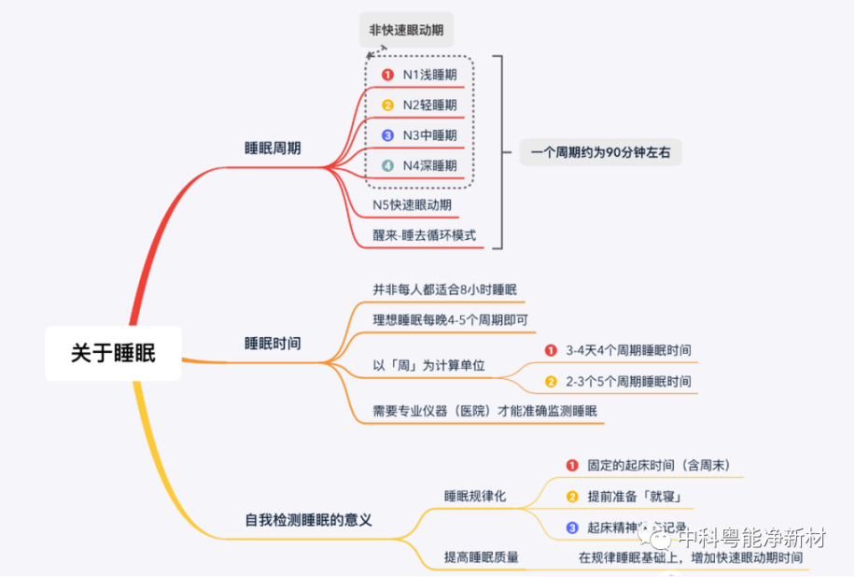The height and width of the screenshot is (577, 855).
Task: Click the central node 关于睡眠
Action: point(113,353)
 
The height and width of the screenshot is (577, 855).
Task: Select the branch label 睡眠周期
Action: point(273,148)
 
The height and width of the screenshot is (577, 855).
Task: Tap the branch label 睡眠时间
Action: point(273,344)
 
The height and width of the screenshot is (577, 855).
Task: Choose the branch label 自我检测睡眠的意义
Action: point(308,520)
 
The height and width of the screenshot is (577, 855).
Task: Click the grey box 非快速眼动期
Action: point(407,30)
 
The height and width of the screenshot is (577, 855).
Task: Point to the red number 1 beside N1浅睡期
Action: point(387,75)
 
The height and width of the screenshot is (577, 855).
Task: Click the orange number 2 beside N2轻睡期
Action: point(387,105)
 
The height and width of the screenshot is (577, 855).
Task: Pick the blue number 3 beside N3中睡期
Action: point(387,135)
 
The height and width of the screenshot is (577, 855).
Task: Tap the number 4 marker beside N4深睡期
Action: point(387,166)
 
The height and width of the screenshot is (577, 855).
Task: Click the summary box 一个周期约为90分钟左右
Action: point(600,151)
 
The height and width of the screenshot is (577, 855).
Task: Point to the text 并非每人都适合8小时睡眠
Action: point(444,289)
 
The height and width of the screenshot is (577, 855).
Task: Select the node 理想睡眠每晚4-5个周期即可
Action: point(450,320)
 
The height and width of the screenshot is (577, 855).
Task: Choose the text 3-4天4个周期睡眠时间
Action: point(628,351)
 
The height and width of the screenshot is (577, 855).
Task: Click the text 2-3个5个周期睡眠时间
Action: point(628,382)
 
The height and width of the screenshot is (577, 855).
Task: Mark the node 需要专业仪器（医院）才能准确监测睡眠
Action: point(484,411)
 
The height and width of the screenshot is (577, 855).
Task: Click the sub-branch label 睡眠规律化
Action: point(474,496)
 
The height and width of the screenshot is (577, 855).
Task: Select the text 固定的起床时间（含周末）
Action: point(659,465)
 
